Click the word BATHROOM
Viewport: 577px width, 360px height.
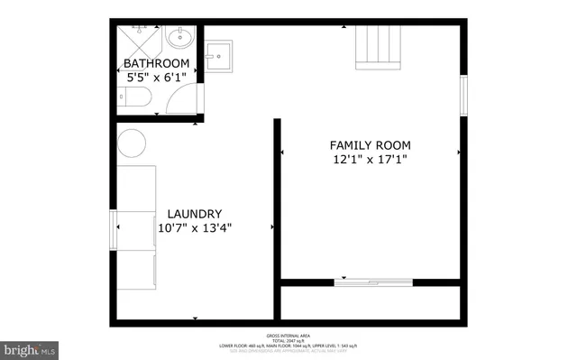[157, 63]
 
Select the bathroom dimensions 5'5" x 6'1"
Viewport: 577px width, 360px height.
[157, 78]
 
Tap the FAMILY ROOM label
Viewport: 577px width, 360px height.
[370, 144]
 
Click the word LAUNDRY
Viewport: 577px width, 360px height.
[195, 213]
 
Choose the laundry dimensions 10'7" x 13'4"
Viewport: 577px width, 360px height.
[195, 228]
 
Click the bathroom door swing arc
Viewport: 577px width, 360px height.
[186, 97]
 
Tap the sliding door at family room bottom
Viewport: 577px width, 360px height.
[370, 281]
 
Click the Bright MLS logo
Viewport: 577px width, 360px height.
[30, 347]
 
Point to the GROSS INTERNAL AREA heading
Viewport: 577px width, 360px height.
[288, 333]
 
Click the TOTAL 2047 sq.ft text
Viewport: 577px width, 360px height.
[288, 339]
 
